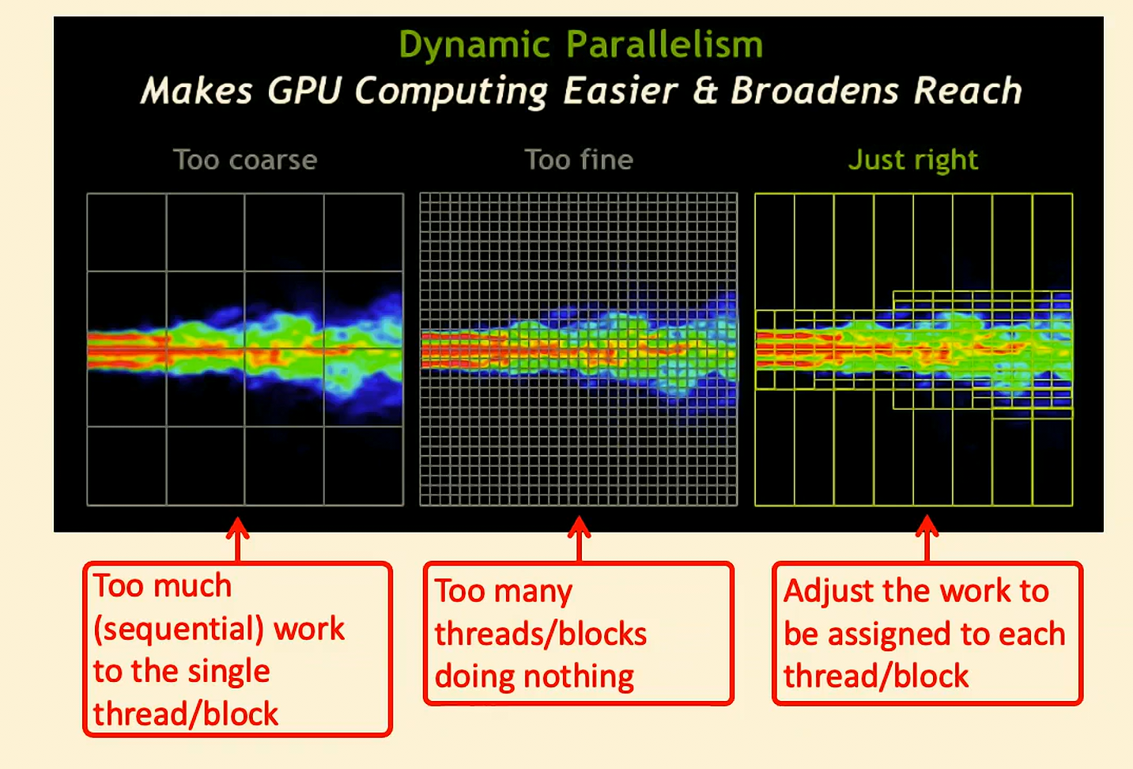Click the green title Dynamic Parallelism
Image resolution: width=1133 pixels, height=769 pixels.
pyautogui.click(x=580, y=46)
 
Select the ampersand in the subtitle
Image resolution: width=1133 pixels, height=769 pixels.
pyautogui.click(x=704, y=90)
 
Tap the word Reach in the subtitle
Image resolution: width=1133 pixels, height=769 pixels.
pyautogui.click(x=968, y=90)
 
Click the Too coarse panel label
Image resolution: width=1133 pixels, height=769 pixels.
pyautogui.click(x=245, y=160)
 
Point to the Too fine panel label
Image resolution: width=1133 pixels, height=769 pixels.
pyautogui.click(x=579, y=160)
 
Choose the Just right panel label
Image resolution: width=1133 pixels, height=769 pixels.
pyautogui.click(x=913, y=161)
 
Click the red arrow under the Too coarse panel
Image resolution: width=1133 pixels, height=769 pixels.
pyautogui.click(x=238, y=539)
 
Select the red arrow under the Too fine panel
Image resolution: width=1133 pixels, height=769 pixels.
pyautogui.click(x=579, y=539)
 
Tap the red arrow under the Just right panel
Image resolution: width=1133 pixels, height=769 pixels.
pyautogui.click(x=927, y=538)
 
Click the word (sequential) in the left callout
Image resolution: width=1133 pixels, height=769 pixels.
pyautogui.click(x=179, y=629)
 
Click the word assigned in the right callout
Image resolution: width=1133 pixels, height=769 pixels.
pyautogui.click(x=889, y=635)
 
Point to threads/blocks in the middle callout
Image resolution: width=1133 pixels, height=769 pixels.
pyautogui.click(x=541, y=634)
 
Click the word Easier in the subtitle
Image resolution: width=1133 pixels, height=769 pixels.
pyautogui.click(x=621, y=91)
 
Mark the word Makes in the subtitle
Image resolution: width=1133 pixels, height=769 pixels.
pyautogui.click(x=196, y=91)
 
